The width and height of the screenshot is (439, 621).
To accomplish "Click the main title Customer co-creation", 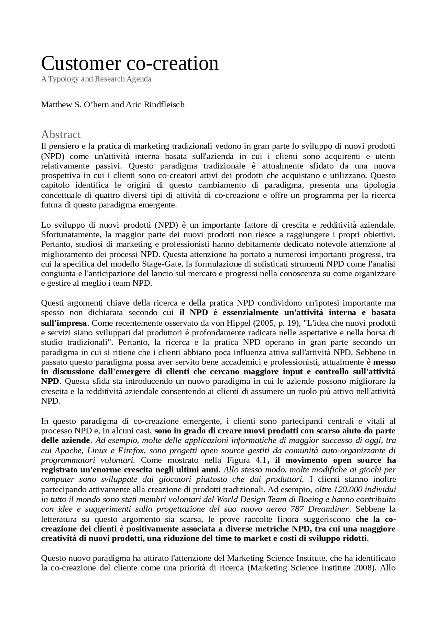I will pyautogui.click(x=130, y=63).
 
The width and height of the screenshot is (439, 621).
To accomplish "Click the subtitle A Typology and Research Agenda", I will pyautogui.click(x=96, y=79).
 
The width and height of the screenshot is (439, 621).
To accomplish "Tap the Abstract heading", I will pyautogui.click(x=61, y=134).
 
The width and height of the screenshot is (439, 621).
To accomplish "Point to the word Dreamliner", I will pyautogui.click(x=328, y=509).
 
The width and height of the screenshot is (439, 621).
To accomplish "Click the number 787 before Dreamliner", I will pyautogui.click(x=297, y=509).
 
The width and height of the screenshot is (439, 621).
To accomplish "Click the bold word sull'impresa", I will pyautogui.click(x=64, y=323).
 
